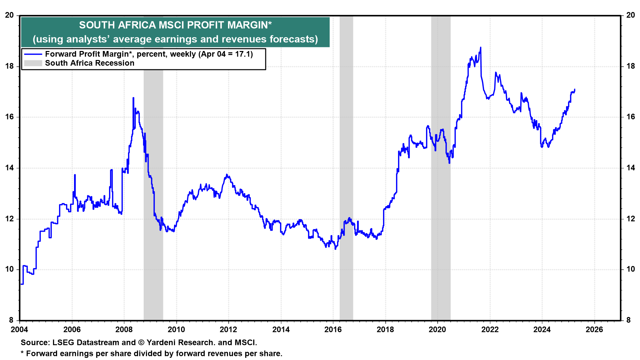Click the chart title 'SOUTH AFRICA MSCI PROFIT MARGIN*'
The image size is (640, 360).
[x=175, y=25]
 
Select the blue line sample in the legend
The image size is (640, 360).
[x=33, y=54]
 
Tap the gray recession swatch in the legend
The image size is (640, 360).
[x=33, y=63]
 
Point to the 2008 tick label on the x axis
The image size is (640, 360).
[x=124, y=330]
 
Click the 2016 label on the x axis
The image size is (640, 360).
[x=333, y=330]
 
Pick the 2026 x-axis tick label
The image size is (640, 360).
[x=594, y=330]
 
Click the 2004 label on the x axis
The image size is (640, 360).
[x=20, y=330]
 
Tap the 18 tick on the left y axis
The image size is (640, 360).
[x=9, y=66]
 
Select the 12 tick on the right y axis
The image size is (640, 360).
[x=631, y=219]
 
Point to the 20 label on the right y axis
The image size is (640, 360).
[x=631, y=15]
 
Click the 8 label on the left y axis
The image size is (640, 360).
[x=11, y=320]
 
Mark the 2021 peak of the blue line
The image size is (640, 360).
[x=480, y=48]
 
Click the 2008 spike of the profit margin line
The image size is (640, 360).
[x=133, y=98]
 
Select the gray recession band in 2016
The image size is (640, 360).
[x=346, y=167]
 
